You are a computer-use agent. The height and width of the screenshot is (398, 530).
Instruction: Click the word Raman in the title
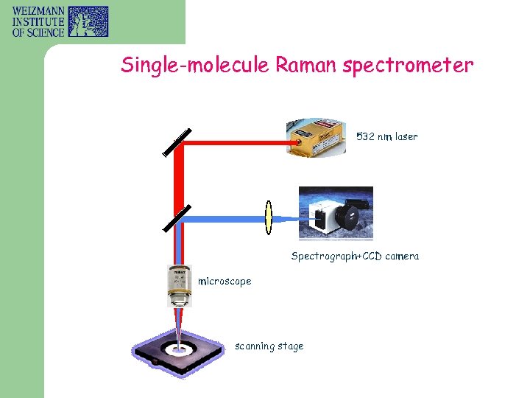305,66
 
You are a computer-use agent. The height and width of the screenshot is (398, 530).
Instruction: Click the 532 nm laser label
386,136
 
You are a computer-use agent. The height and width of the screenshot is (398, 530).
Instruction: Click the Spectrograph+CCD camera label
355,256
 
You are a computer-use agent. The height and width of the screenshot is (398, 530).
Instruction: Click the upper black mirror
177,142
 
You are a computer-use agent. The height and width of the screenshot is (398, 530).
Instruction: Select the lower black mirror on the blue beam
177,218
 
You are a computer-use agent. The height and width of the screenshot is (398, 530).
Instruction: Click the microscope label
225,281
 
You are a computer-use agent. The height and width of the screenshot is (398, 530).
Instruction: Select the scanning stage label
269,346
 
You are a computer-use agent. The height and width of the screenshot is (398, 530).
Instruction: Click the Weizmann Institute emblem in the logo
88,21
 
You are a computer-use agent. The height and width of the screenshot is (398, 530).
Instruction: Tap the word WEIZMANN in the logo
36,11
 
